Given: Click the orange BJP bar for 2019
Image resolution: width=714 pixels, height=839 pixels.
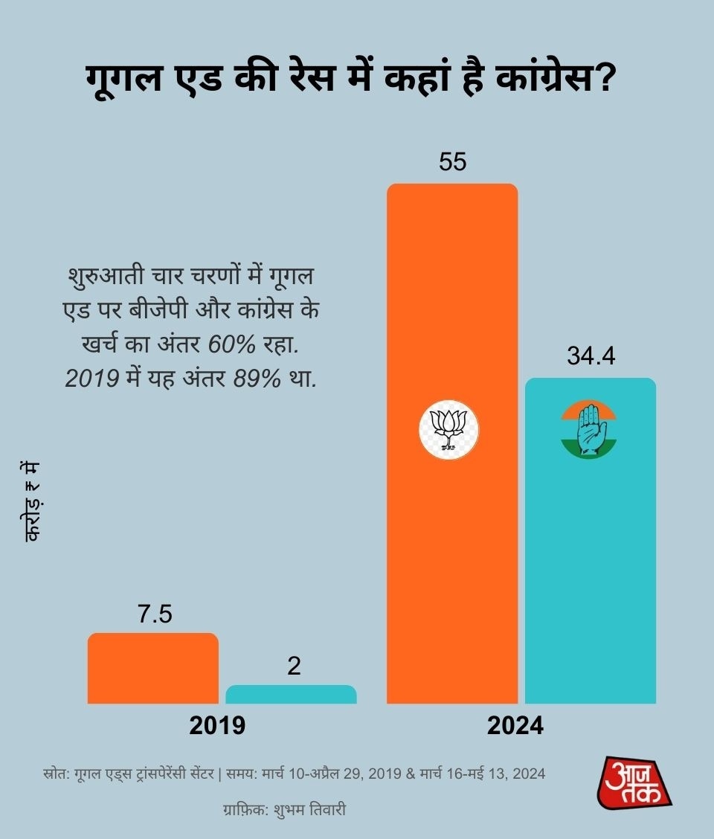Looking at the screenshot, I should pos(153,668).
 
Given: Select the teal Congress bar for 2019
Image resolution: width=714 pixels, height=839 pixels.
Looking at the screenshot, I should pos(291,695).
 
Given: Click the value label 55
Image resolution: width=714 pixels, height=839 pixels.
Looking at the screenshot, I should pos(452,162).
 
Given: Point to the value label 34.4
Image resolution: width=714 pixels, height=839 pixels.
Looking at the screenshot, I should pos(591,357).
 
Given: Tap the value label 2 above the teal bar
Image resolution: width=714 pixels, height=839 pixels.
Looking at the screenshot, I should pos(294,666).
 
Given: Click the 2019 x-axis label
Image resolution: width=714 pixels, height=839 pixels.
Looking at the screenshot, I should pos(217,726).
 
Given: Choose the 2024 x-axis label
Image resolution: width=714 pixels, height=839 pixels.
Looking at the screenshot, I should pos(515,726).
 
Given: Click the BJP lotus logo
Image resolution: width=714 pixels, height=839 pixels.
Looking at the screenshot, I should pos(448,429).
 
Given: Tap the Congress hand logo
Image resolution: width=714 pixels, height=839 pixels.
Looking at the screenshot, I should pos(589,429).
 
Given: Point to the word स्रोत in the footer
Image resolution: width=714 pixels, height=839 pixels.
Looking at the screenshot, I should pos(57,774).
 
